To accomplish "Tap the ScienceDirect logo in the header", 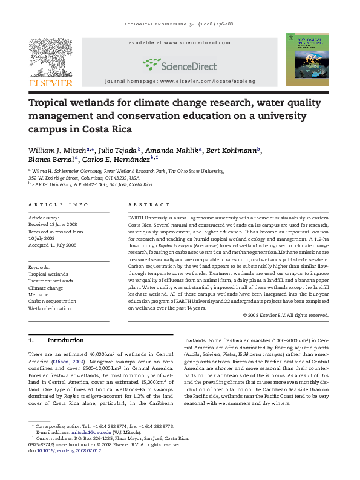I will tap(175, 64).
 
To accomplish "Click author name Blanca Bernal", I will tap(50, 159).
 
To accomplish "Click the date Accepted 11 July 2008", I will tap(53, 245).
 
